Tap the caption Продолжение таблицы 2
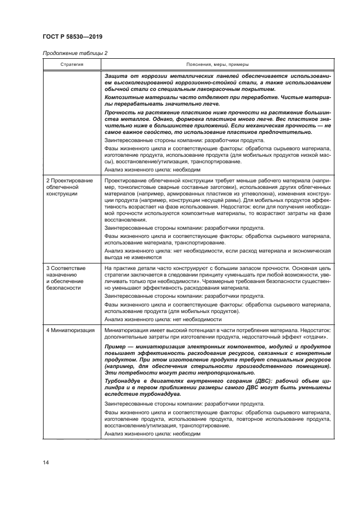[x=71, y=53]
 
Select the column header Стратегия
[x=71, y=64]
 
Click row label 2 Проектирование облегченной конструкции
[x=70, y=186]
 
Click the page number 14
[x=46, y=462]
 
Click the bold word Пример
[x=117, y=346]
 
